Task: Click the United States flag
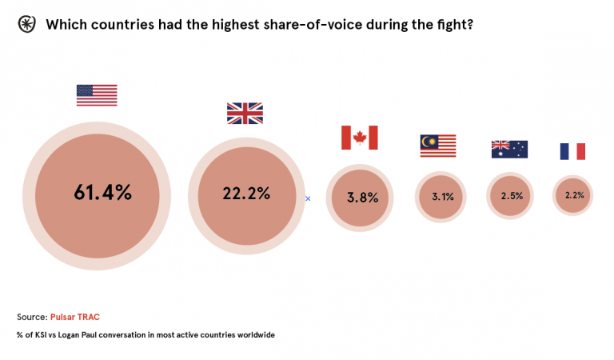(x=97, y=95)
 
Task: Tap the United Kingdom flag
(x=245, y=114)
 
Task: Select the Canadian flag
(x=359, y=138)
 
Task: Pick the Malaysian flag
(x=438, y=146)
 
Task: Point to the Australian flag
(x=509, y=149)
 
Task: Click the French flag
(x=572, y=151)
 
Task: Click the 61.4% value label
(x=102, y=193)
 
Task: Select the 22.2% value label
(x=245, y=193)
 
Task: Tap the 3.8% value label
(x=361, y=198)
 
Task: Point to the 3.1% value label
(x=438, y=196)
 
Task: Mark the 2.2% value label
(x=574, y=195)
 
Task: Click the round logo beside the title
(x=26, y=24)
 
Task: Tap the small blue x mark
(x=308, y=198)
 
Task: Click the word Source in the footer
(x=31, y=317)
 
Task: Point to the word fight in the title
(x=455, y=24)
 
